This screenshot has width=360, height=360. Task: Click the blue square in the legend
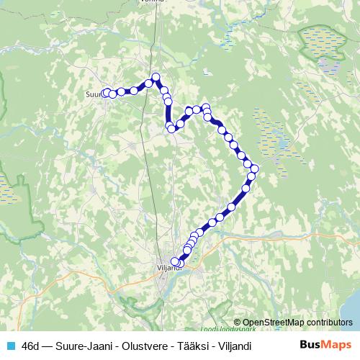click(x=11, y=346)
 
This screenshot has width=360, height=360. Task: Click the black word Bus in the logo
click(x=310, y=345)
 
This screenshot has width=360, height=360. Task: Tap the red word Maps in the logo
click(x=337, y=345)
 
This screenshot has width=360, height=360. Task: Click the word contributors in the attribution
click(x=330, y=323)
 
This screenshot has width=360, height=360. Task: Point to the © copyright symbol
click(x=238, y=323)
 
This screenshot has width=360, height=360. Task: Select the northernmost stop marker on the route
click(x=155, y=77)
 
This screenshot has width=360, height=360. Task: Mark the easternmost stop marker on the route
click(x=254, y=168)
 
